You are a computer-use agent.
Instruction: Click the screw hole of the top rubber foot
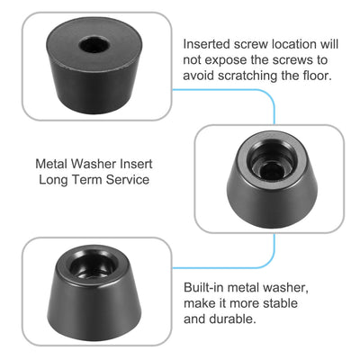click(x=93, y=44)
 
